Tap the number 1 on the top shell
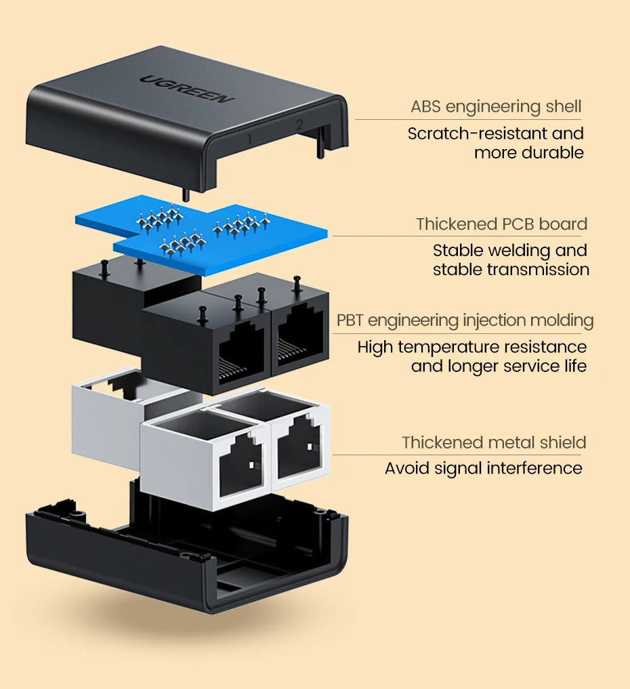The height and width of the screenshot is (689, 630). click(x=250, y=140)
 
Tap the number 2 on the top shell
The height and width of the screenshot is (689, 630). click(x=298, y=125)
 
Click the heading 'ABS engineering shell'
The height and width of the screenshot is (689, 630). click(x=496, y=106)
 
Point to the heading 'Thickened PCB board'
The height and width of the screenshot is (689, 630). click(x=501, y=224)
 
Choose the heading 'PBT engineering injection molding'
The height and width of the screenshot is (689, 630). click(x=465, y=320)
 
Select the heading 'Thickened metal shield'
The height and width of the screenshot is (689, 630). click(x=494, y=442)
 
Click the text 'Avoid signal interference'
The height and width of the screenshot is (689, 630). click(x=483, y=468)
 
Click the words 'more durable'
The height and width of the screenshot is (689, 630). click(x=528, y=152)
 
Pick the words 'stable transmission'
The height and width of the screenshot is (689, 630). click(x=511, y=270)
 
